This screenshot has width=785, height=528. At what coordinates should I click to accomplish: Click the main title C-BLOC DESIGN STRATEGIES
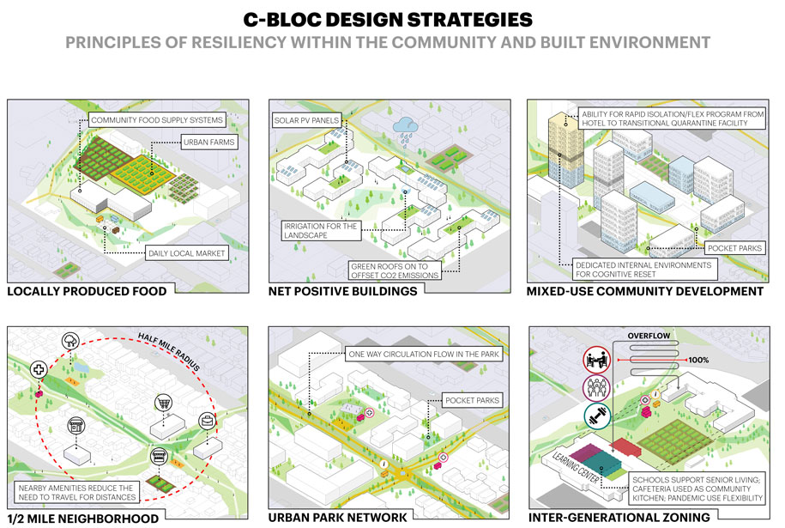(x=388, y=20)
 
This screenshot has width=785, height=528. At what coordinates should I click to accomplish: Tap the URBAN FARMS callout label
(x=208, y=143)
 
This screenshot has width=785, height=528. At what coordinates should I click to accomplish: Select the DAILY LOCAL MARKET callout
(x=187, y=253)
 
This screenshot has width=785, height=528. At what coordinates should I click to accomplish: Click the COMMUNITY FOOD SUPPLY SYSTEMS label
(x=157, y=120)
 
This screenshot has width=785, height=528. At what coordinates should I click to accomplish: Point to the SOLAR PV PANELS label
(x=306, y=120)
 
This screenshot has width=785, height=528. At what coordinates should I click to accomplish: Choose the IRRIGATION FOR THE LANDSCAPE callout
(x=320, y=230)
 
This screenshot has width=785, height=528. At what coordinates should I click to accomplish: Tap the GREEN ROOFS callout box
(x=395, y=271)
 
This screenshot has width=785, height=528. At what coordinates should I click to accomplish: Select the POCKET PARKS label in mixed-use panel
(x=734, y=248)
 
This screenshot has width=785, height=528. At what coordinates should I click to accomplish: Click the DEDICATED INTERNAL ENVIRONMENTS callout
(x=644, y=270)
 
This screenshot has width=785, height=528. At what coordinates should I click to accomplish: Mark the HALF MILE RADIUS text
(x=169, y=351)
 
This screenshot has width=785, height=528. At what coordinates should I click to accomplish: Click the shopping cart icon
(x=163, y=403)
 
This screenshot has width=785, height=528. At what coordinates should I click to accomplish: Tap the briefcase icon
(x=207, y=422)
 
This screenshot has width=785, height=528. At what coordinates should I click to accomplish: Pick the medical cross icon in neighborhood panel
(x=39, y=370)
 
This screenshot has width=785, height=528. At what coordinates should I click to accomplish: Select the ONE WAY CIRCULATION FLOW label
(x=424, y=355)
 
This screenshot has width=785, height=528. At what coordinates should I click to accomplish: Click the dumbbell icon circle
(x=597, y=416)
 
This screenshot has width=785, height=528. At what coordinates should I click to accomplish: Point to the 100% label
(x=697, y=361)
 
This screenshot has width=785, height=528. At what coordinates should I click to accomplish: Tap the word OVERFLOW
(x=649, y=336)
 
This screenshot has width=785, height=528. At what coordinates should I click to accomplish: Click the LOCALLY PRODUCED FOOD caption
(x=87, y=292)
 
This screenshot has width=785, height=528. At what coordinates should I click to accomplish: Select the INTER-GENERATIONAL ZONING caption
(x=619, y=518)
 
